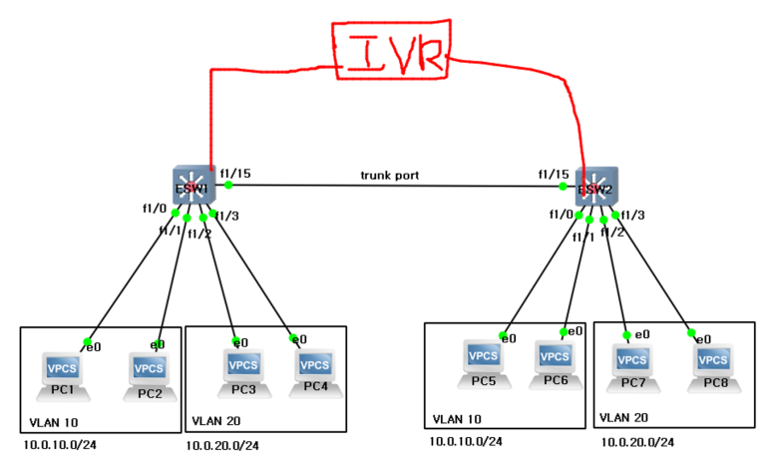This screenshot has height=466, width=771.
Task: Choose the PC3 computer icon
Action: tap(243, 367)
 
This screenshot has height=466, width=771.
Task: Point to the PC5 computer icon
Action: tap(484, 357)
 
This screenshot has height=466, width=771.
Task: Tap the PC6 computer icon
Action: tap(555, 357)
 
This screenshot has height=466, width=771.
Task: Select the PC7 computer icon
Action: tap(631, 361)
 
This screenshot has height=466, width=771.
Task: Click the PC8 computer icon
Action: tap(713, 361)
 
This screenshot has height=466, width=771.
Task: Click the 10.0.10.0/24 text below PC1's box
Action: tap(62, 445)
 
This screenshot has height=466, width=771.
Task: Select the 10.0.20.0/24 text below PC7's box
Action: tap(637, 441)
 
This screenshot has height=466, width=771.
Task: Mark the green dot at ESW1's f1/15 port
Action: tap(228, 185)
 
